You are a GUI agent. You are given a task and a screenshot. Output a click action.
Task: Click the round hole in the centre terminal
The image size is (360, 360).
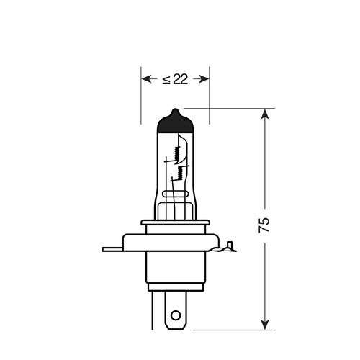[x=175, y=314]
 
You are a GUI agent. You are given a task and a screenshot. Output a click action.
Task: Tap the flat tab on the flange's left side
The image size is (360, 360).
[x=112, y=250]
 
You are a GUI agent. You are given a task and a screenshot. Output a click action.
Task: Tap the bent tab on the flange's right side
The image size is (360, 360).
[x=228, y=248]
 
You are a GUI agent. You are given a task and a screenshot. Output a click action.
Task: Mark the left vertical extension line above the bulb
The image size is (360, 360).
[x=140, y=94]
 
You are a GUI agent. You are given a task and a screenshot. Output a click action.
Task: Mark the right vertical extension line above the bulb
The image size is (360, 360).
[x=210, y=94]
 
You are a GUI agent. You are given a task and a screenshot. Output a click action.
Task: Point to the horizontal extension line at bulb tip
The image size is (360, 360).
[x=238, y=109]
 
